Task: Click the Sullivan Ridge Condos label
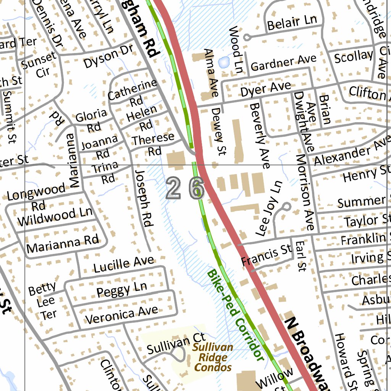(212, 358)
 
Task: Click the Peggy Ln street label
(121, 290)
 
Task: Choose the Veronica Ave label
(121, 315)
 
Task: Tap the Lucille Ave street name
(124, 264)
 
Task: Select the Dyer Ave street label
(265, 89)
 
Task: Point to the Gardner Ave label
(283, 63)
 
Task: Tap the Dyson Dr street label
(108, 57)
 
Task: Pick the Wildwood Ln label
(55, 217)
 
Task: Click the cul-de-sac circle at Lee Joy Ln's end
(286, 207)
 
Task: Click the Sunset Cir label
(39, 65)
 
